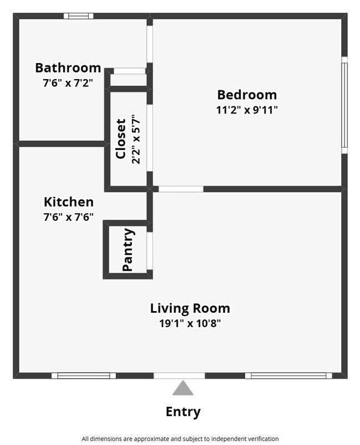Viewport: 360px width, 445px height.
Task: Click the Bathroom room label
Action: [x=68, y=68]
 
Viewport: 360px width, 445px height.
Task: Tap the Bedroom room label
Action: [x=246, y=95]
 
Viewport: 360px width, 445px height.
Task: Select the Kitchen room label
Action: [x=69, y=202]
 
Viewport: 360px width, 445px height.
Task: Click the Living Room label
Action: [x=190, y=308]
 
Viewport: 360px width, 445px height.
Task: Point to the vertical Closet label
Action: [x=121, y=138]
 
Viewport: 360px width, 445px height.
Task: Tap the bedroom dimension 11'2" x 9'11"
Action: [x=246, y=110]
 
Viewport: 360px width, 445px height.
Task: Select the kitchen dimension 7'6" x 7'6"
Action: [x=69, y=217]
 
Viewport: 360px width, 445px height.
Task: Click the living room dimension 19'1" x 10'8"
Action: [x=190, y=323]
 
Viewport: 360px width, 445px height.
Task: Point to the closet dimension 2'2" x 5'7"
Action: [x=136, y=138]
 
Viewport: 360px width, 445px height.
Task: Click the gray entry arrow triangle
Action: [x=183, y=389]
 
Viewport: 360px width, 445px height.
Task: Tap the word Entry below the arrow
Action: [x=183, y=412]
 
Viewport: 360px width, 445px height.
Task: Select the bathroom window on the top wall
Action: [x=78, y=16]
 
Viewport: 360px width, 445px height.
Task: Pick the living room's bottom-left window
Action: [x=84, y=375]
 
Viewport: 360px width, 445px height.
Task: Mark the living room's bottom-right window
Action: [x=288, y=375]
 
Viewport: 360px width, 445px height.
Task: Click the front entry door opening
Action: [x=179, y=375]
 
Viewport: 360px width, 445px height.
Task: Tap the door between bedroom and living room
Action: [x=181, y=189]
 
